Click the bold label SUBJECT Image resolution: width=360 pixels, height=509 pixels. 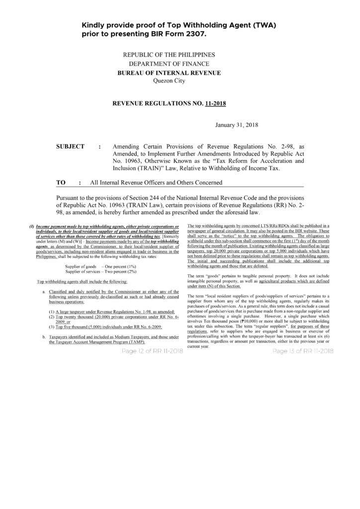pos(73,148)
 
